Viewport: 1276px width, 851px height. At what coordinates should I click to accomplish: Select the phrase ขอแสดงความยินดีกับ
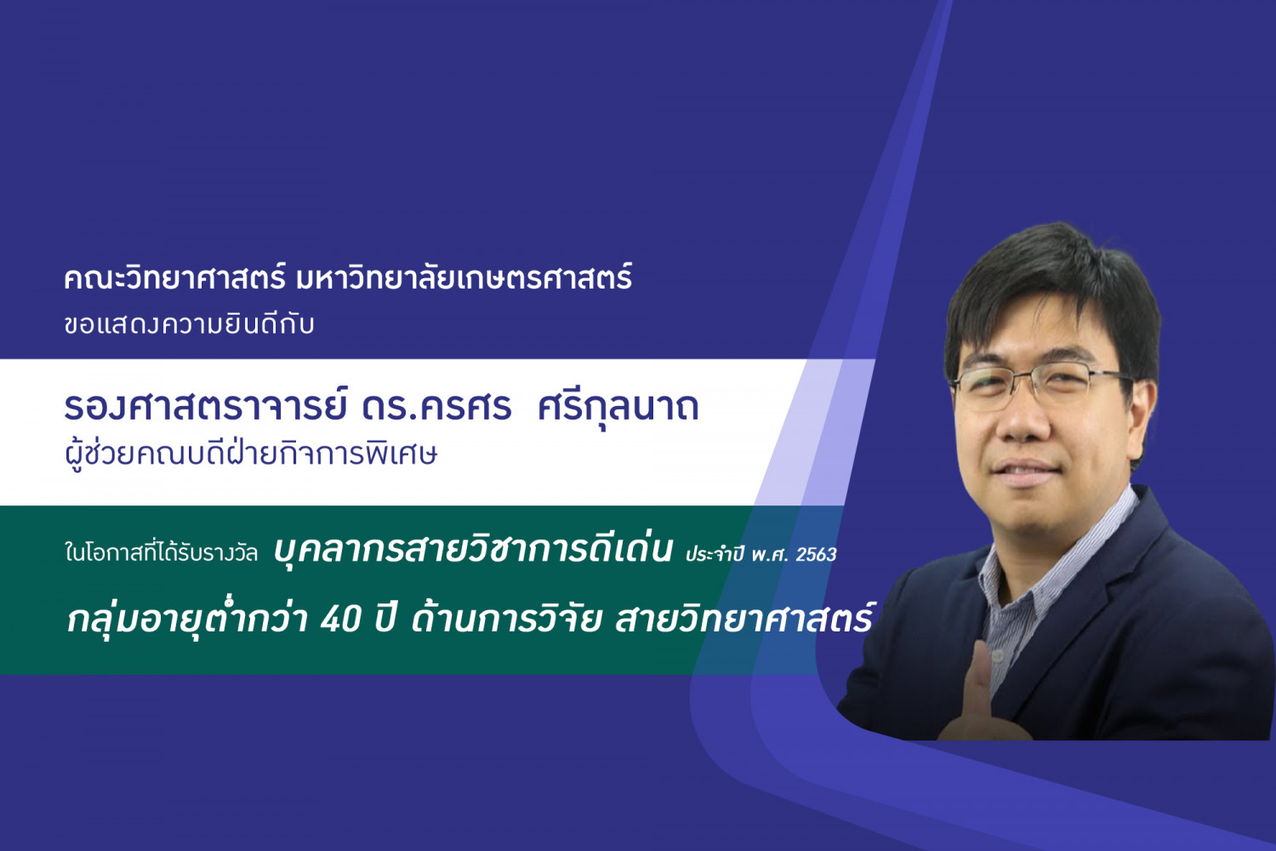pyautogui.click(x=189, y=324)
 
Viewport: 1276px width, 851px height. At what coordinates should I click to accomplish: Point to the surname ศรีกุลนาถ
pyautogui.click(x=618, y=407)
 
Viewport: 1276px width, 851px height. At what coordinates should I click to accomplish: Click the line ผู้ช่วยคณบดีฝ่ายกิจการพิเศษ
pyautogui.click(x=251, y=454)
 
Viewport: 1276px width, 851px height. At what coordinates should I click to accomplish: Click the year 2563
pyautogui.click(x=816, y=554)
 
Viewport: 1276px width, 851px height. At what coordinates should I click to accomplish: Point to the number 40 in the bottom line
pyautogui.click(x=340, y=619)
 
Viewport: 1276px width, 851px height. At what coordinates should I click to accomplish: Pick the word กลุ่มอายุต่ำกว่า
pyautogui.click(x=188, y=618)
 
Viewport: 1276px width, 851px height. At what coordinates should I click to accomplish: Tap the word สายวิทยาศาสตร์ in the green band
pyautogui.click(x=743, y=617)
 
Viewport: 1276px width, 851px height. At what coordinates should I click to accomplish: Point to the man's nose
pyautogui.click(x=1022, y=419)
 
